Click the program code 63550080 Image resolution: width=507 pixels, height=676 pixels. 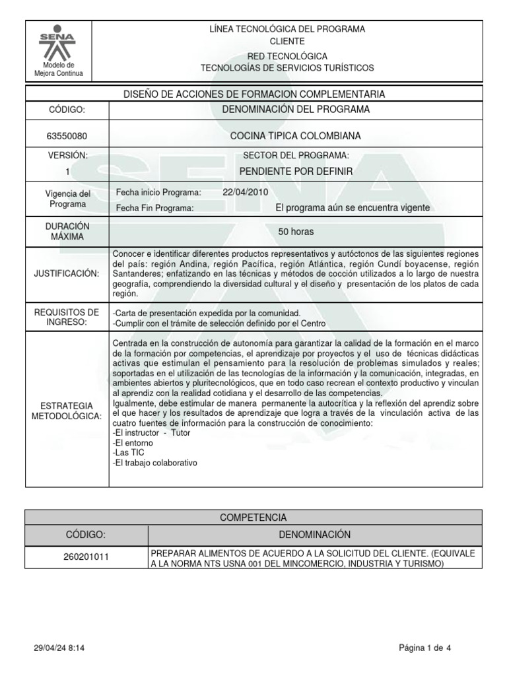tap(67, 137)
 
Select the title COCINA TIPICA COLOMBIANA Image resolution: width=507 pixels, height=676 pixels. tap(296, 137)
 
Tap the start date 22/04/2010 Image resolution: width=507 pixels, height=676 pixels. tap(247, 192)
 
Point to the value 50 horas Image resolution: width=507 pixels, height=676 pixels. tap(296, 232)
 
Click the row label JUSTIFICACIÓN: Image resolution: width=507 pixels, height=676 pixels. tap(67, 273)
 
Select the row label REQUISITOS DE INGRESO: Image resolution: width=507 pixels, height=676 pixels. tap(67, 317)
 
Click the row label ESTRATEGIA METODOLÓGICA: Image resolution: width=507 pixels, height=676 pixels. tap(67, 410)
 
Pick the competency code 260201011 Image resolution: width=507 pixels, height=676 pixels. tap(86, 557)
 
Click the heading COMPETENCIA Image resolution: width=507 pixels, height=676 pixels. tap(253, 517)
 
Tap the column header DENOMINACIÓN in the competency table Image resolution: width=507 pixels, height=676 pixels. tap(314, 534)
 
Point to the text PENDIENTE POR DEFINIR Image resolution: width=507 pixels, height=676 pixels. tap(296, 172)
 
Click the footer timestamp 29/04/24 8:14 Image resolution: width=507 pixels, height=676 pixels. tap(59, 648)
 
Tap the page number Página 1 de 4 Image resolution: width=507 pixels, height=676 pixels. tap(425, 648)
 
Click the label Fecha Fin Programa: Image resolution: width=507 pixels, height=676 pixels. tap(154, 208)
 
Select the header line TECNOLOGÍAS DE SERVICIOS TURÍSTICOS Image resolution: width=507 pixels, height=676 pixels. tap(287, 68)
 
